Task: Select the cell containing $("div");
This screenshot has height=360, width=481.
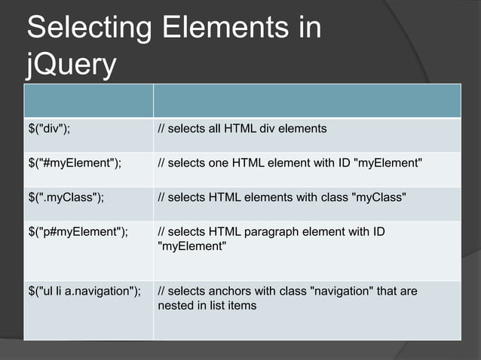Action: pyautogui.click(x=49, y=129)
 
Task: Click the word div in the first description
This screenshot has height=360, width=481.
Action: pyautogui.click(x=268, y=129)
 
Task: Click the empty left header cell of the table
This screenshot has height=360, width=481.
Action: pyautogui.click(x=88, y=100)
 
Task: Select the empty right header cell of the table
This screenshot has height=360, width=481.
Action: pyautogui.click(x=307, y=100)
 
